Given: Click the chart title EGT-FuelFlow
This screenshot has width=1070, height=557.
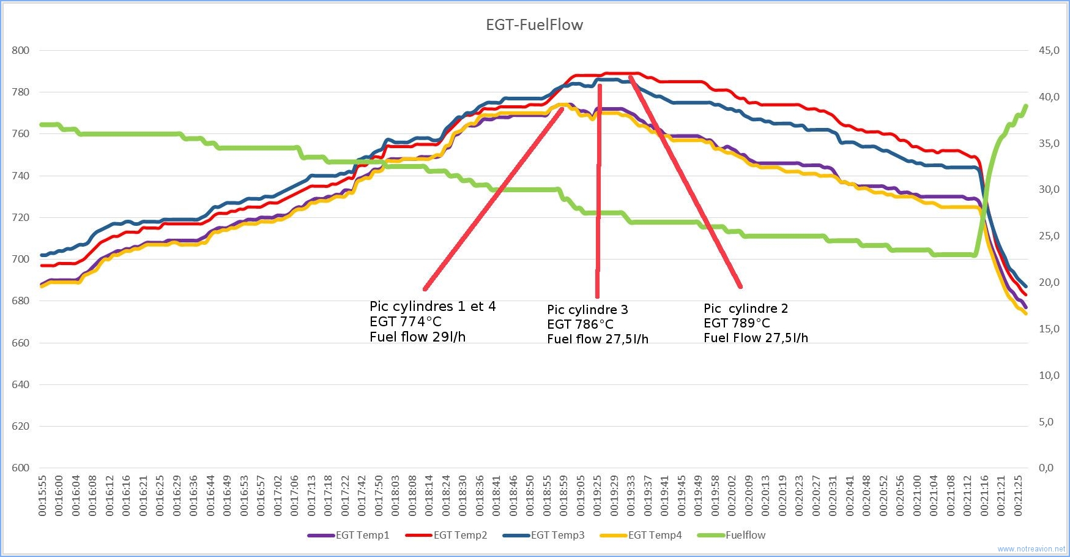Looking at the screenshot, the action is pyautogui.click(x=534, y=25).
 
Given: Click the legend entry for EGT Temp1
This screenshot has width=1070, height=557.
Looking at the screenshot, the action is pyautogui.click(x=348, y=535).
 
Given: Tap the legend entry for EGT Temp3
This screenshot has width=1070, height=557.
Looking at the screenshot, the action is pyautogui.click(x=543, y=535).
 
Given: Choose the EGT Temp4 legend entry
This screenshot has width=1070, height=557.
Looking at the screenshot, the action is pyautogui.click(x=641, y=535).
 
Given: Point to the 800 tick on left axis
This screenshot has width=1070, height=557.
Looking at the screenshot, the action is pyautogui.click(x=21, y=50).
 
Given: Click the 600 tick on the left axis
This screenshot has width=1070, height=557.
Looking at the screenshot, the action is pyautogui.click(x=21, y=468).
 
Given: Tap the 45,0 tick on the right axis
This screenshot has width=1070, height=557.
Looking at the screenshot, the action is pyautogui.click(x=1049, y=50).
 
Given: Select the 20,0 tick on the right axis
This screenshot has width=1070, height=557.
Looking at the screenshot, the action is pyautogui.click(x=1049, y=282).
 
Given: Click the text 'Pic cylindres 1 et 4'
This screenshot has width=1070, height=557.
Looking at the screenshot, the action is pyautogui.click(x=433, y=307).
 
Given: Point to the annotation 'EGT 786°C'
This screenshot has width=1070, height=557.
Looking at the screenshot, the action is pyautogui.click(x=580, y=324).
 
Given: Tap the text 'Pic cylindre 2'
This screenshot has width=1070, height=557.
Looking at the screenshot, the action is pyautogui.click(x=746, y=308).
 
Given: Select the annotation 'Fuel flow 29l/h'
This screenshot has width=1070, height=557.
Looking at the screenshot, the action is pyautogui.click(x=417, y=337).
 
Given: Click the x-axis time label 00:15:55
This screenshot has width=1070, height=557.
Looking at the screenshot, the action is pyautogui.click(x=42, y=496).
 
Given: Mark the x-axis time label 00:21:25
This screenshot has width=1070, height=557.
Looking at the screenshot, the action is pyautogui.click(x=1018, y=496).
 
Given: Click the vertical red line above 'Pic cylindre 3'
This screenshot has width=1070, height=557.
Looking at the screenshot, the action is pyautogui.click(x=598, y=191).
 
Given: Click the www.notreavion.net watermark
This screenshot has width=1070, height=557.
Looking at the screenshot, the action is pyautogui.click(x=1031, y=549).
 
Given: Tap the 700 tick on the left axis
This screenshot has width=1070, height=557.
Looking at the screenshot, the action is pyautogui.click(x=21, y=259).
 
